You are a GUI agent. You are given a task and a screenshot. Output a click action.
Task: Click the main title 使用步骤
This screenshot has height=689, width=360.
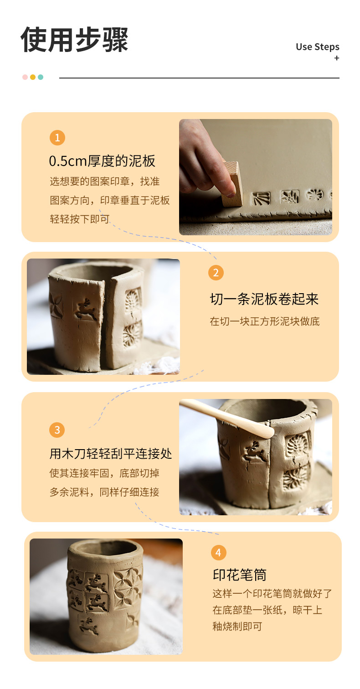coord(74,39)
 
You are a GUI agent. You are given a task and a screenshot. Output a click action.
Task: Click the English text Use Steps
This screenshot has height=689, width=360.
coord(317,47)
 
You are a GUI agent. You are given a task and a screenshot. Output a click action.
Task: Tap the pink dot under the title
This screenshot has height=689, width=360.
coord(25,77)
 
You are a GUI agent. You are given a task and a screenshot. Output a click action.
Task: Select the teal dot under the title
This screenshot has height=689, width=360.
coord(41,77)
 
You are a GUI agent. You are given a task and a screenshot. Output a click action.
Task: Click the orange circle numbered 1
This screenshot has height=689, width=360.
coord(57,138)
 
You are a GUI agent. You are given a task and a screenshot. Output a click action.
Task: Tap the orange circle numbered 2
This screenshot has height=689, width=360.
coord(216,273)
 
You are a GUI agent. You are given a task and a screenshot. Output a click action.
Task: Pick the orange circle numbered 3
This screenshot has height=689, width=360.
coord(57,430)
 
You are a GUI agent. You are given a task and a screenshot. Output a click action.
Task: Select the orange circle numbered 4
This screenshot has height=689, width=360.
coord(219,552)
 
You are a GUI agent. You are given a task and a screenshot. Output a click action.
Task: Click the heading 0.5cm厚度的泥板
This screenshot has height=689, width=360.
coord(102,161)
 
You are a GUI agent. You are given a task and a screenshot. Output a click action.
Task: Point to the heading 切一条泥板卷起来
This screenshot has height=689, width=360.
coord(264,299)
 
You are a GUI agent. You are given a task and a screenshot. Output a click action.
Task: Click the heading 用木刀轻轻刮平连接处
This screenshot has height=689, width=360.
coord(111,453)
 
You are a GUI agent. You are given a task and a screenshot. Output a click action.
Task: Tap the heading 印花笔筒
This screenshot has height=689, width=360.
coord(240,574)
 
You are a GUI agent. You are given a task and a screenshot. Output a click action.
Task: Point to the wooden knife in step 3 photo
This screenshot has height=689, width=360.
coord(226,417)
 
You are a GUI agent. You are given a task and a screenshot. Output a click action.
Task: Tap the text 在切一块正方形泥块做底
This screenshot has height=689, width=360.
coord(265,321)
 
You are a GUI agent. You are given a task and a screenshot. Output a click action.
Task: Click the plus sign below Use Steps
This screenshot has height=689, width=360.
coord(337,58)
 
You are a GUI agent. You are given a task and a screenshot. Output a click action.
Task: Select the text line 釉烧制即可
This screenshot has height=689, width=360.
coord(237,626)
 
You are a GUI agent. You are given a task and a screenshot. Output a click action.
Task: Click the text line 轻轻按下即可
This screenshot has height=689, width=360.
coord(80,219)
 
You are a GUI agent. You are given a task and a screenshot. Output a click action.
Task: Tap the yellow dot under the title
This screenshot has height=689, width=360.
coord(33,77)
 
